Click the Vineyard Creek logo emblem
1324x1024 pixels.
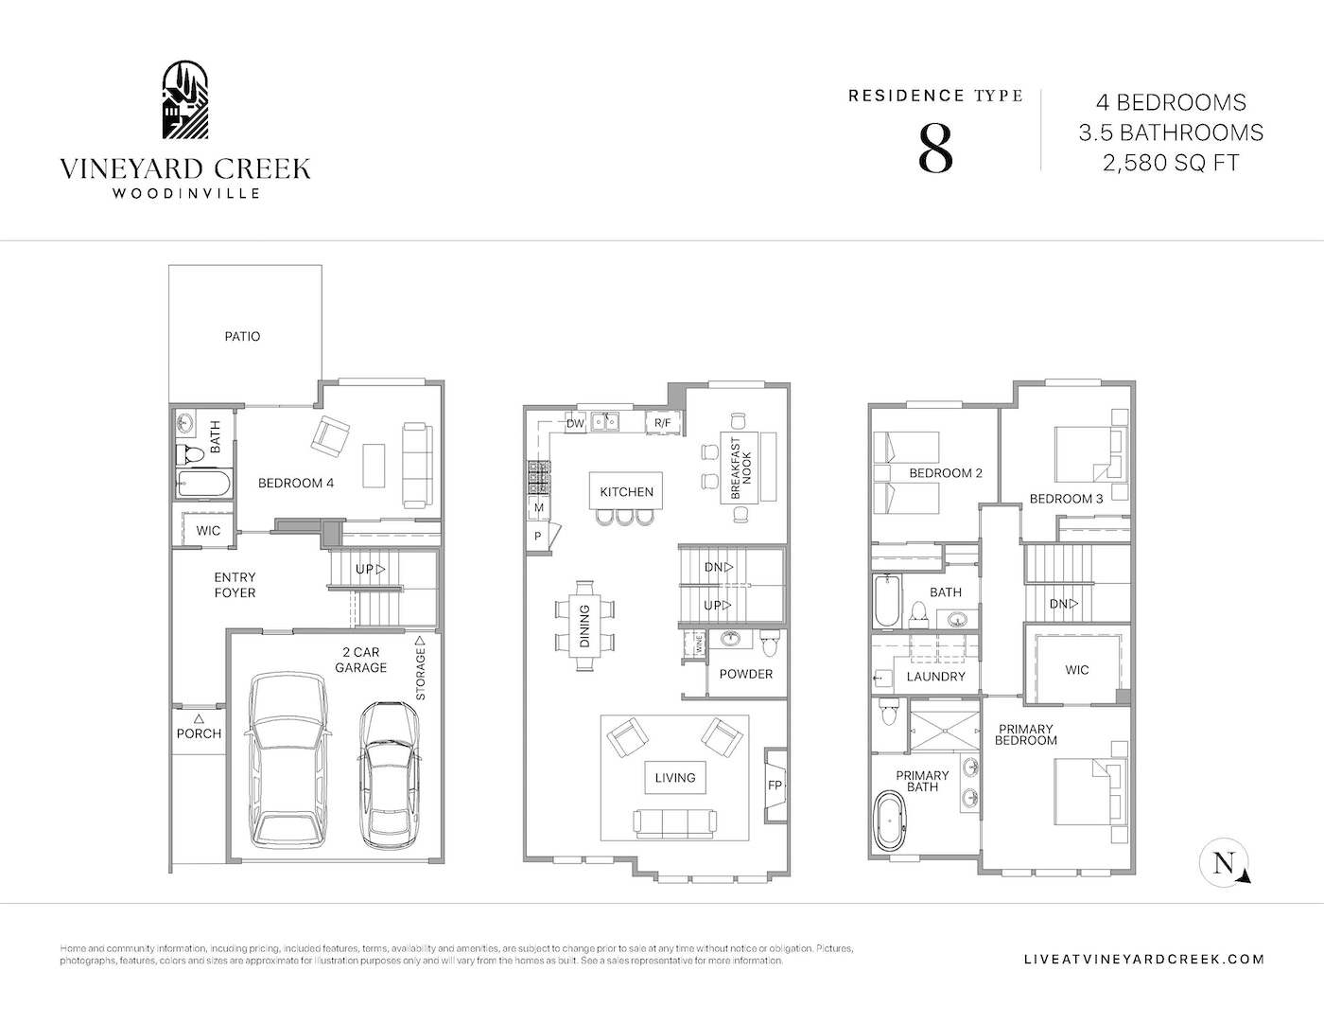(185, 100)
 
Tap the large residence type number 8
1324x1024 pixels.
(934, 149)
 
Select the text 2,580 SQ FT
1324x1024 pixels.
(1171, 163)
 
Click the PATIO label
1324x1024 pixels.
(242, 337)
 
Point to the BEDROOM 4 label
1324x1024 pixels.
(296, 484)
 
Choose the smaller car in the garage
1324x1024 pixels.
(388, 775)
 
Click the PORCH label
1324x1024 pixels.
(199, 733)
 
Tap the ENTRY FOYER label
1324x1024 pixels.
(235, 585)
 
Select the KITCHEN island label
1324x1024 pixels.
(626, 492)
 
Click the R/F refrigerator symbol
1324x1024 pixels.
(663, 422)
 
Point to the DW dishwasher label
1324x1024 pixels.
(575, 423)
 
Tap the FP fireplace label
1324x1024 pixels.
(775, 786)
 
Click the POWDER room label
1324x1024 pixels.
(746, 674)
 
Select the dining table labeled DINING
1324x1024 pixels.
(584, 626)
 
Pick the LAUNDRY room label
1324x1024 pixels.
(936, 677)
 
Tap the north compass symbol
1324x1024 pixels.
(1224, 863)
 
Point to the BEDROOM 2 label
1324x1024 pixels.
(946, 473)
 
